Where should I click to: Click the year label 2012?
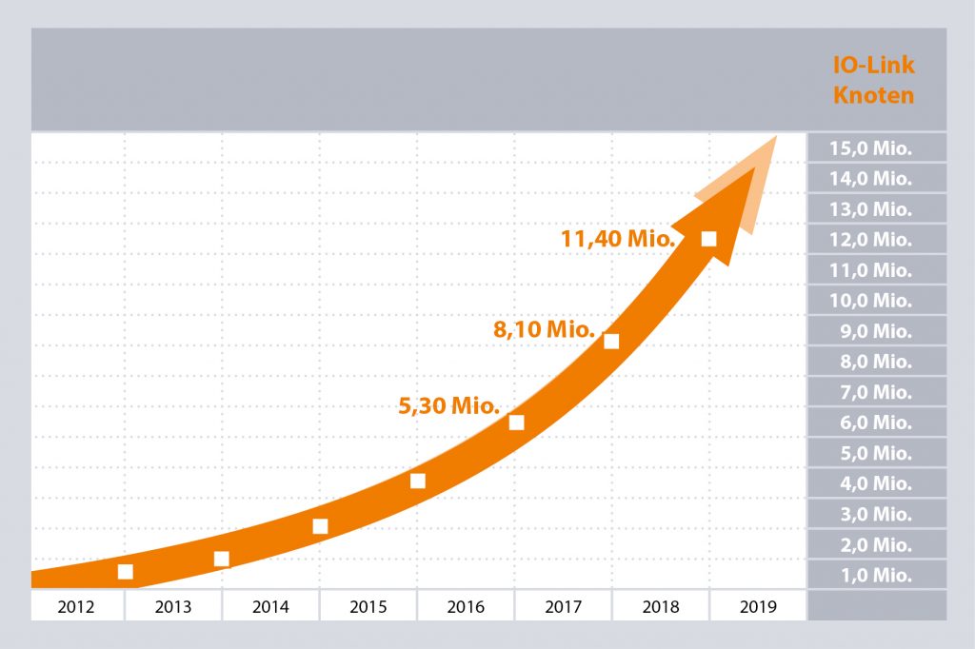[76, 606]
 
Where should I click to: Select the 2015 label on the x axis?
[368, 606]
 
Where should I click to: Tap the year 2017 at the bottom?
[563, 606]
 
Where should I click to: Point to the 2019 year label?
[757, 606]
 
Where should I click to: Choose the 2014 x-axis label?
[270, 606]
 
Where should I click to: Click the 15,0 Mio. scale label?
[870, 147]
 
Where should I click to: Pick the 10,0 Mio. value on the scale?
[870, 301]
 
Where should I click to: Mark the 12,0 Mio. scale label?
[870, 240]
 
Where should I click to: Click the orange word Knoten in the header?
[873, 95]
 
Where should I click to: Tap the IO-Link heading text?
[873, 67]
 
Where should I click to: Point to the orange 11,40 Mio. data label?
[618, 239]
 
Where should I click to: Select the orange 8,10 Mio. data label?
[544, 331]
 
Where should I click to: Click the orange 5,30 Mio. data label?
[448, 406]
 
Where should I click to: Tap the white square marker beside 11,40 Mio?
[708, 239]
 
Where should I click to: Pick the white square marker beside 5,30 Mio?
[517, 423]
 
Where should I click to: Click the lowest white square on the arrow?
[125, 571]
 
